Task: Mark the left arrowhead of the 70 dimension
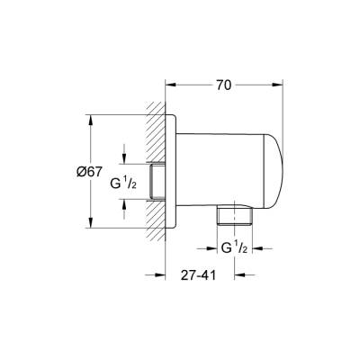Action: pyautogui.click(x=172, y=86)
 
